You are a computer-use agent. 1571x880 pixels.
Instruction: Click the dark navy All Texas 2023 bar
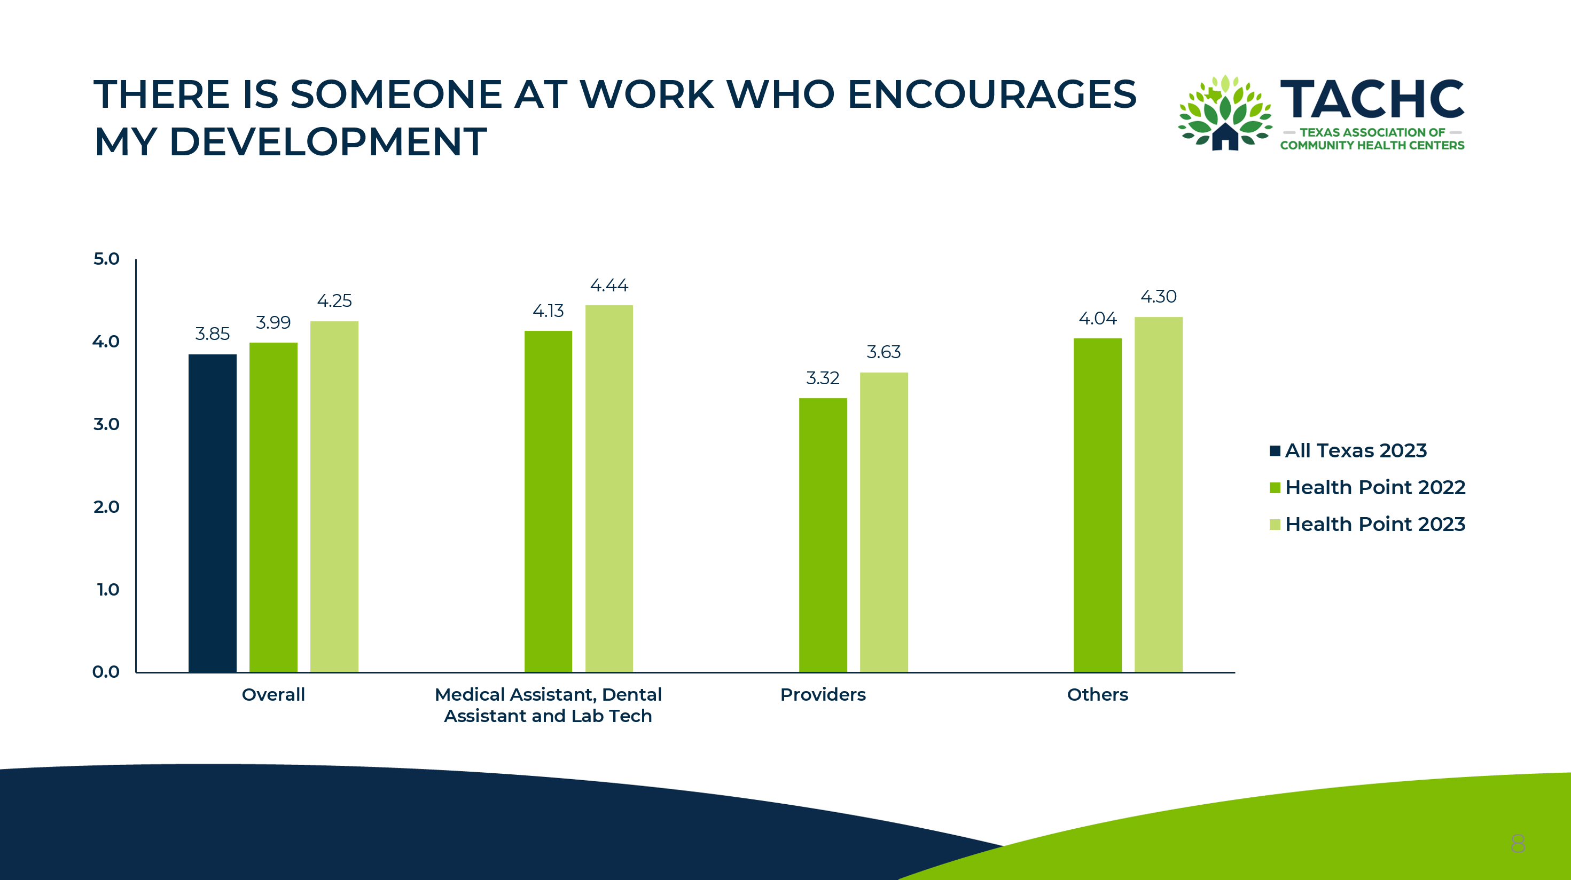coord(212,513)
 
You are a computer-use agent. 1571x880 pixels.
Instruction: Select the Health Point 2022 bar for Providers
coord(823,535)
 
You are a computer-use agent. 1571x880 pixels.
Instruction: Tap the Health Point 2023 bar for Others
coord(1158,494)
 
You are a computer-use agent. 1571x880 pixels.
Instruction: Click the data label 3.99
coord(273,322)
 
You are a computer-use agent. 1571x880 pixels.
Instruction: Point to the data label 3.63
coord(884,352)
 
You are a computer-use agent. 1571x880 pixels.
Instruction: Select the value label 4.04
coord(1098,318)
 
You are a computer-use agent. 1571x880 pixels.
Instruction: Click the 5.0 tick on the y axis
coord(106,258)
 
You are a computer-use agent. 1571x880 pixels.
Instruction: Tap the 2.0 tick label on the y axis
coord(106,506)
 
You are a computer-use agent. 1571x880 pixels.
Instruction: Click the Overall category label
coord(273,694)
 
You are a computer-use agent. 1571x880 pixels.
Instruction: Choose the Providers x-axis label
coord(823,694)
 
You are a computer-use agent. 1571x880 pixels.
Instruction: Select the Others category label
coord(1098,694)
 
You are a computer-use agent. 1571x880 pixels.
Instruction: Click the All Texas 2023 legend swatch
coord(1275,451)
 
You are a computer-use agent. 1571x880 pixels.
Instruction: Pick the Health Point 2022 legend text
coord(1375,488)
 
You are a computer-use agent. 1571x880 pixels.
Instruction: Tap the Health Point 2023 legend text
coord(1375,524)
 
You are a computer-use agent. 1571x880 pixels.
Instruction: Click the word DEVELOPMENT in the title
coord(328,141)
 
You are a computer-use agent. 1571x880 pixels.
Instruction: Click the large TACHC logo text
coord(1372,99)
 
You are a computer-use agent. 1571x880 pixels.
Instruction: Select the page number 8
coord(1518,843)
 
